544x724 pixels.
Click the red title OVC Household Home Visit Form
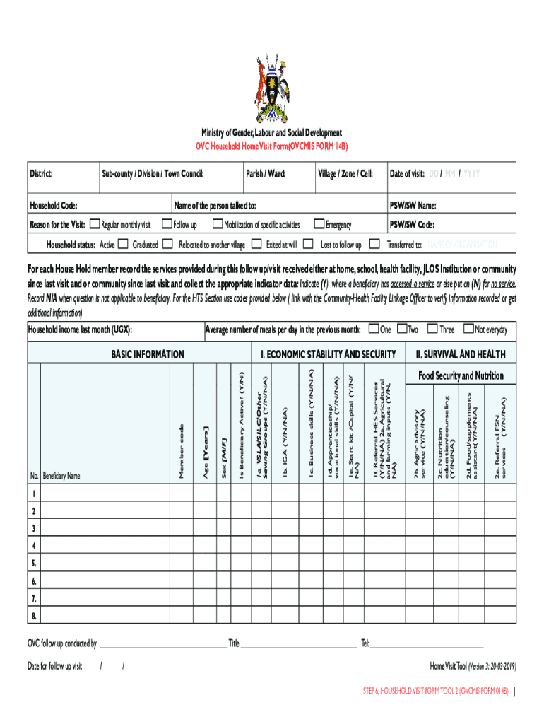[271, 146]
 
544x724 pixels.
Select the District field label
[42, 174]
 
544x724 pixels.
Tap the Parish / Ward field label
[265, 174]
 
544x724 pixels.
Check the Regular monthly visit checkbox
[97, 225]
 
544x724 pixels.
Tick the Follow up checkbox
[167, 225]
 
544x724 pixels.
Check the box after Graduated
[167, 245]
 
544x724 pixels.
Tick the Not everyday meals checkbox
[468, 329]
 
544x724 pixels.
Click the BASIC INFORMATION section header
[148, 354]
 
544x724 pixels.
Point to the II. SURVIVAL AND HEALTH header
[461, 354]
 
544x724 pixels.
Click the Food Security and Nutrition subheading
[461, 375]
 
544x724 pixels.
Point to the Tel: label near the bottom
[365, 643]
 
